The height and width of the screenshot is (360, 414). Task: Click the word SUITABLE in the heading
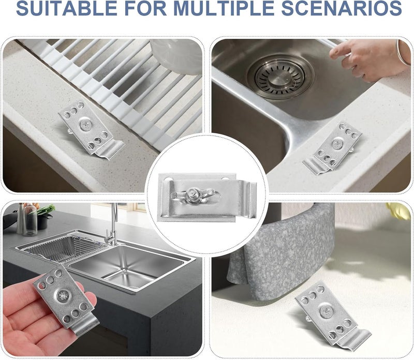67,8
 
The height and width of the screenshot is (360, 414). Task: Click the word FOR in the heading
145,8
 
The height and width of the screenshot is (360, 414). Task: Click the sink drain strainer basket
280,77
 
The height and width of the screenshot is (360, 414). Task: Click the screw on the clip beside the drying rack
86,124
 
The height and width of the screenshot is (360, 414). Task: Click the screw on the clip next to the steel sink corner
338,144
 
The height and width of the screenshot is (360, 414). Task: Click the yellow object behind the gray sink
398,211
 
